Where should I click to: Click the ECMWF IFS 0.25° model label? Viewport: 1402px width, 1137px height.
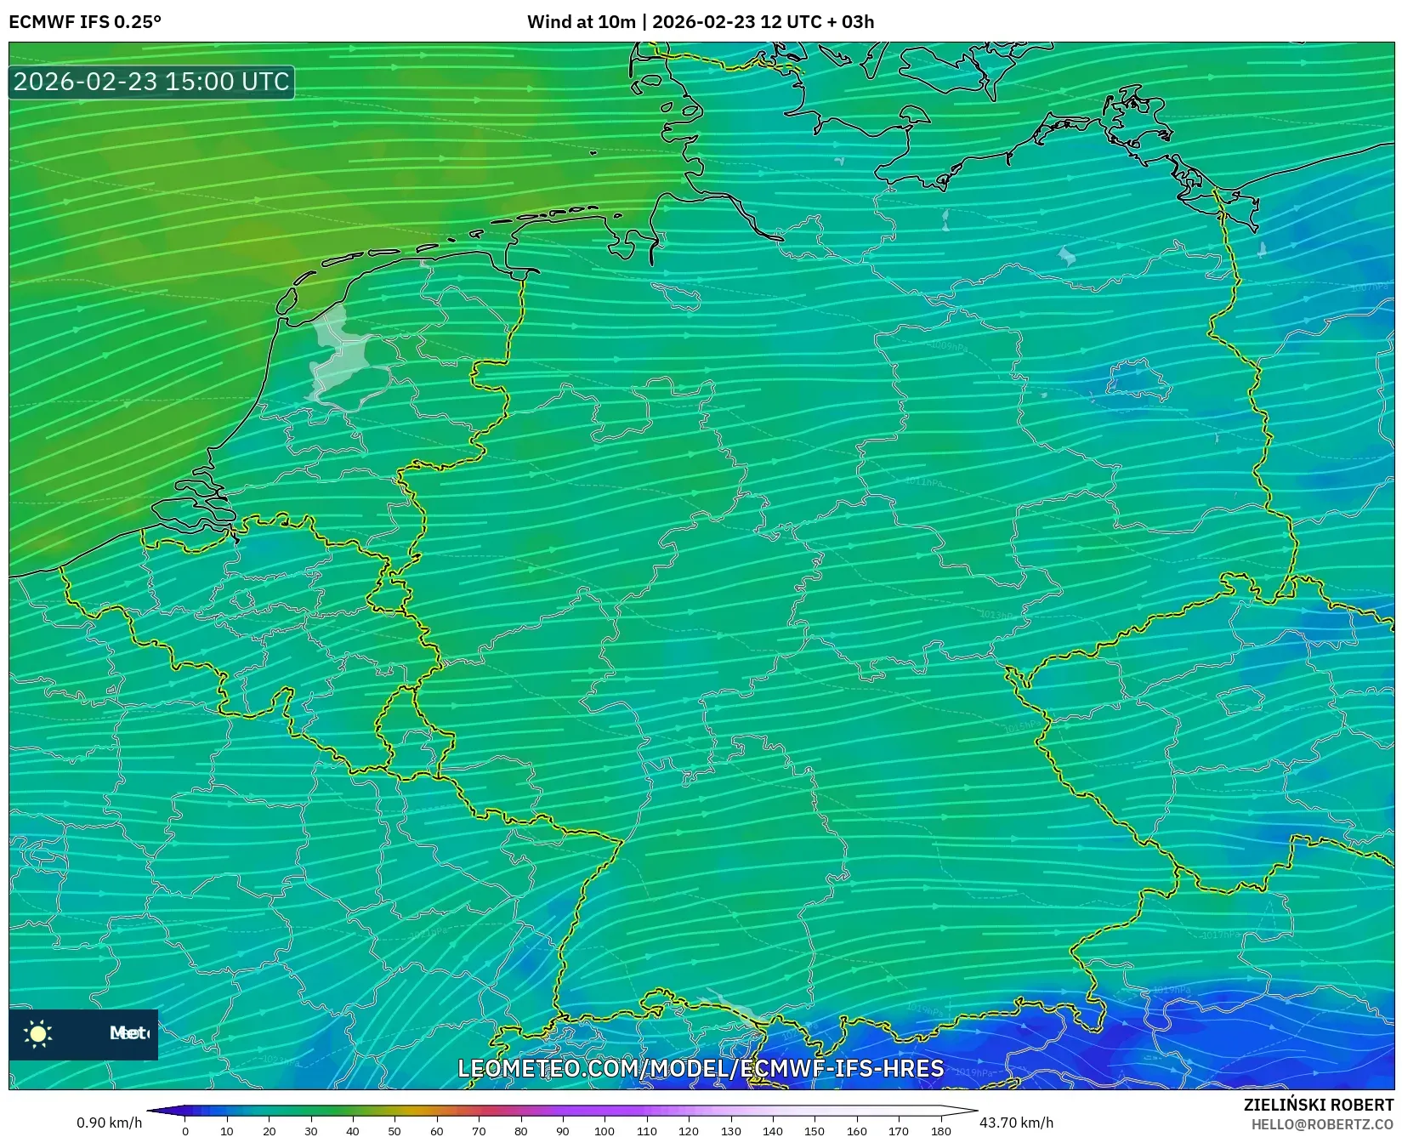[85, 22]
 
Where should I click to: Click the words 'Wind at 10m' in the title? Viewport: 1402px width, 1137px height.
[581, 22]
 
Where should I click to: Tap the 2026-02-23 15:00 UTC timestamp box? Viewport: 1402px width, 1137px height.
[151, 82]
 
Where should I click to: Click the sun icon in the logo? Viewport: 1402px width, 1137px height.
[38, 1033]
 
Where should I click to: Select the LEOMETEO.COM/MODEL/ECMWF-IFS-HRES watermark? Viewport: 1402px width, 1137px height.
[701, 1068]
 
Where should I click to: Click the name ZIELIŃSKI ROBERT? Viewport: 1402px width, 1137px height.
[1319, 1106]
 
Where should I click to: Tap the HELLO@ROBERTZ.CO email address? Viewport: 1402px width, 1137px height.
[1322, 1124]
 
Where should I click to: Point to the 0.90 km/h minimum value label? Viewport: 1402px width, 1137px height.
[109, 1123]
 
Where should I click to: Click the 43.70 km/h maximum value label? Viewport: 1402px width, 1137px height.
[1016, 1123]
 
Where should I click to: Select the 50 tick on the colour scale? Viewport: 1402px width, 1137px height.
[394, 1130]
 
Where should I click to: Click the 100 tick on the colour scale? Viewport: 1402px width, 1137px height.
[605, 1130]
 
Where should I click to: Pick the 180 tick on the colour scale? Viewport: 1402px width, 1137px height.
[940, 1130]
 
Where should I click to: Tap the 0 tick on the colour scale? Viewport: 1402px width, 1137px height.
[185, 1130]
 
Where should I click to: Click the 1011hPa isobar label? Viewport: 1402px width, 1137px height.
[923, 482]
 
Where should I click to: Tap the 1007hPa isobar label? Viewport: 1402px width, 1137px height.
[1369, 287]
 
